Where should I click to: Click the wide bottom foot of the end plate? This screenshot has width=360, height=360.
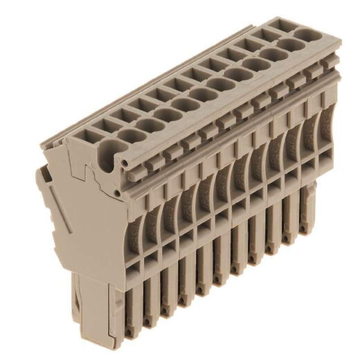click(x=97, y=312)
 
